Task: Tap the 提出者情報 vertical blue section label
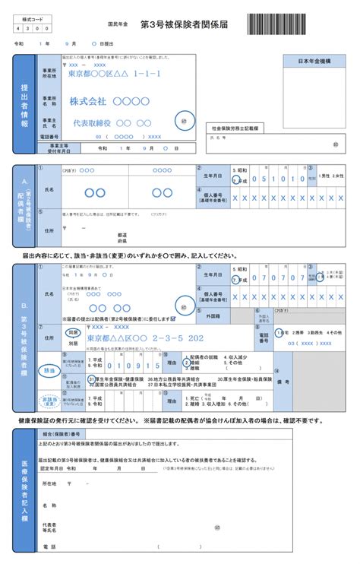(24, 106)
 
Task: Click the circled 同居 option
(74, 332)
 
